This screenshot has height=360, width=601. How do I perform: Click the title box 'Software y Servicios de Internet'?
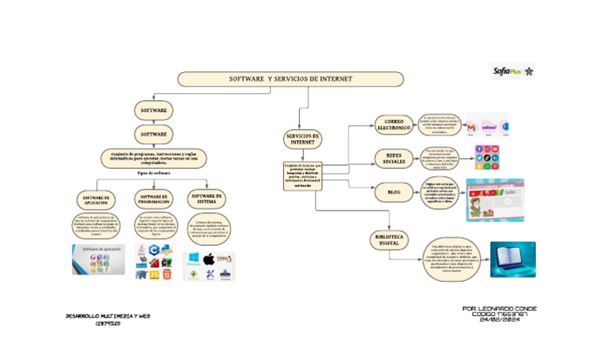(x=290, y=79)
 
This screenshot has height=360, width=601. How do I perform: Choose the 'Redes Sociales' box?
(x=393, y=158)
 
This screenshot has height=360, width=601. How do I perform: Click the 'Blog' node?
(x=393, y=190)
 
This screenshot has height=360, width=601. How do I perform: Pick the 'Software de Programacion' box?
(x=153, y=199)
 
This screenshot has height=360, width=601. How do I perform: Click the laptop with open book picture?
(x=513, y=259)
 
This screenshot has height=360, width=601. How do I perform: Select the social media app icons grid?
(x=485, y=157)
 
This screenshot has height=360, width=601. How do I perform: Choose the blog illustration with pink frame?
(x=495, y=200)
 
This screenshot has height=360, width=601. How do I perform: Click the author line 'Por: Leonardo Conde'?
(x=499, y=309)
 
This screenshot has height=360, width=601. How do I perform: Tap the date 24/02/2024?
(x=499, y=321)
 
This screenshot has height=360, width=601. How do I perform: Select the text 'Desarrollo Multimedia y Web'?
(x=108, y=315)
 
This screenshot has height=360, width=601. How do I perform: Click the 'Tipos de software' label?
(x=153, y=172)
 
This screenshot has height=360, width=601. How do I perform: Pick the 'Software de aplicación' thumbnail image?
(x=98, y=259)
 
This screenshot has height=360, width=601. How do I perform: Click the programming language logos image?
(x=153, y=262)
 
